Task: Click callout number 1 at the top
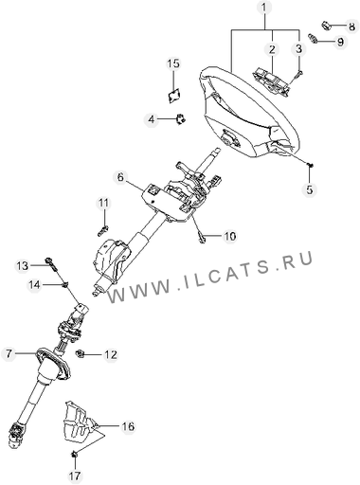[x=264, y=9]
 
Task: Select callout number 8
[x=351, y=26]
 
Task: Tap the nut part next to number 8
[x=326, y=26]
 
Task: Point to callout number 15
[x=173, y=63]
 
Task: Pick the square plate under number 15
[x=174, y=96]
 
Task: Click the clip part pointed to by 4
[x=181, y=119]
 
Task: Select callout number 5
[x=310, y=189]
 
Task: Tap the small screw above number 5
[x=311, y=165]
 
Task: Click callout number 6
[x=120, y=177]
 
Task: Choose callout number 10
[x=230, y=236]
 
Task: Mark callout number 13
[x=23, y=266]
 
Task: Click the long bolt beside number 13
[x=52, y=264]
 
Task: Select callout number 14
[x=35, y=285]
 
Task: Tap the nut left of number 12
[x=81, y=354]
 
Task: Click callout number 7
[x=9, y=353]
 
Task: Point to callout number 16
[x=128, y=426]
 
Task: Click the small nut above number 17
[x=75, y=455]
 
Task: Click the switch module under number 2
[x=271, y=81]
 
